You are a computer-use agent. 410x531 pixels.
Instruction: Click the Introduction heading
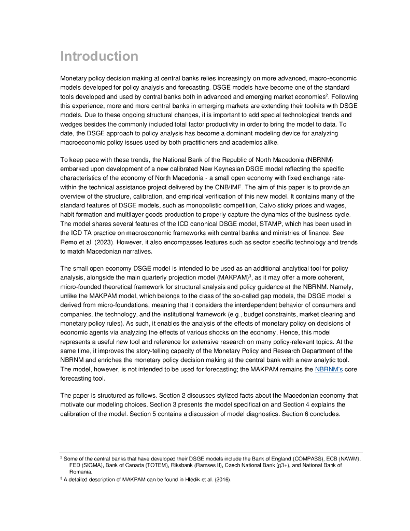click(x=100, y=56)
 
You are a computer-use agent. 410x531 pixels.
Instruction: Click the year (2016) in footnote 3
click(x=220, y=480)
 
